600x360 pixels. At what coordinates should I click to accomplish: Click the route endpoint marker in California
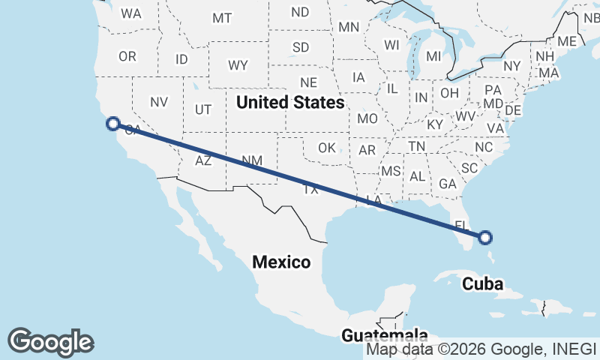tap(113, 124)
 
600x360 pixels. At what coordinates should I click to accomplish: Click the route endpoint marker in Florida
tap(485, 238)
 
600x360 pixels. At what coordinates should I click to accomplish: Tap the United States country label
tap(289, 102)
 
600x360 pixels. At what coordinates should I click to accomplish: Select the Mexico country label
tap(281, 262)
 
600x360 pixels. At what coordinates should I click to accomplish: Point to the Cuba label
tap(482, 283)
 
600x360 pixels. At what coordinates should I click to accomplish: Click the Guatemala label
tap(384, 335)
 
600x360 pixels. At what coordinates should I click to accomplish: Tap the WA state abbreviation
tap(131, 13)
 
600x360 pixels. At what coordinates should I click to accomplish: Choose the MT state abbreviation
tap(222, 18)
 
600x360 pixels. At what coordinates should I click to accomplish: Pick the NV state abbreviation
tap(158, 102)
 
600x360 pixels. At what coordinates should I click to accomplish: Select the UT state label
tap(202, 109)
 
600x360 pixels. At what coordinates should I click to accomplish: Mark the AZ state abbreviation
tap(203, 160)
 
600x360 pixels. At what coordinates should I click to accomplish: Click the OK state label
tap(326, 148)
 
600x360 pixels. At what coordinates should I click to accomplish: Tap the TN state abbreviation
tap(418, 145)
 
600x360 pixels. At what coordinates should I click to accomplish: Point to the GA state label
tap(448, 184)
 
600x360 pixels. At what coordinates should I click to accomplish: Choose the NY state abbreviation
tap(512, 66)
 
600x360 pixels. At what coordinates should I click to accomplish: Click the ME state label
tap(567, 41)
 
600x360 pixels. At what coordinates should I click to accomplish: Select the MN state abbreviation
tap(349, 27)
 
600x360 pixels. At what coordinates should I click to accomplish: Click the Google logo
tap(50, 342)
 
